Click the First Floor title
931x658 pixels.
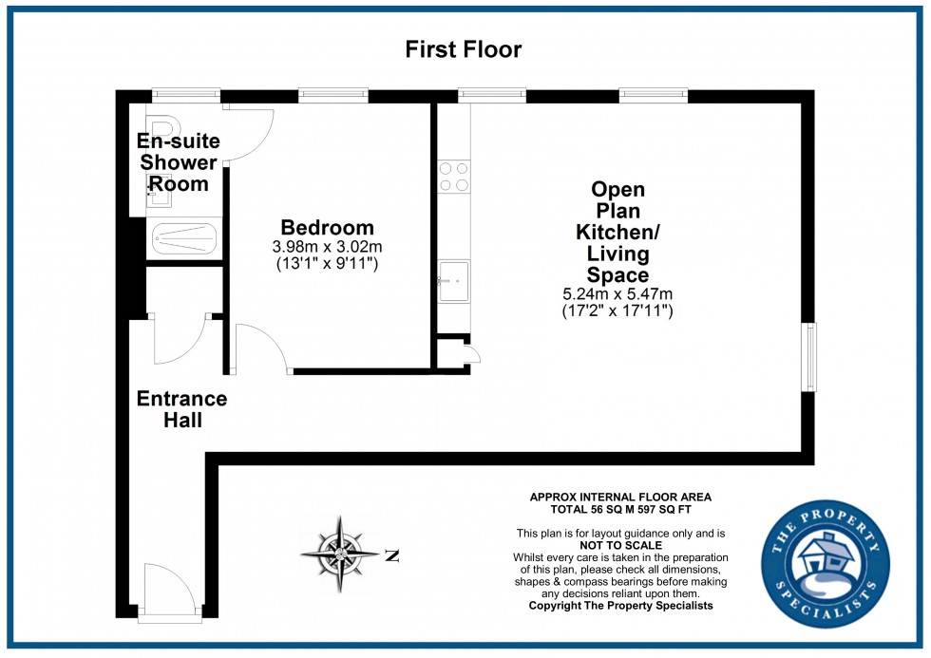464,49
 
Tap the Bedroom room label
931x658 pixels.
327,228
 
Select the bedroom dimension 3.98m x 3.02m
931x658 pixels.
327,247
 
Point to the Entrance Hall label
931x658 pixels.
181,408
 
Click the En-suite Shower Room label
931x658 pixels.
180,162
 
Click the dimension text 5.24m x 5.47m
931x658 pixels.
617,293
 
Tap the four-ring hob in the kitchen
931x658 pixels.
454,177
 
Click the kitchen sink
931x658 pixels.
453,280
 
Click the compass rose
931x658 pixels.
339,553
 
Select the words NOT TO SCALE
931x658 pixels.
619,545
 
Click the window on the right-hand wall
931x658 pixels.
808,357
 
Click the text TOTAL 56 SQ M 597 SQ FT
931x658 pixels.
619,509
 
